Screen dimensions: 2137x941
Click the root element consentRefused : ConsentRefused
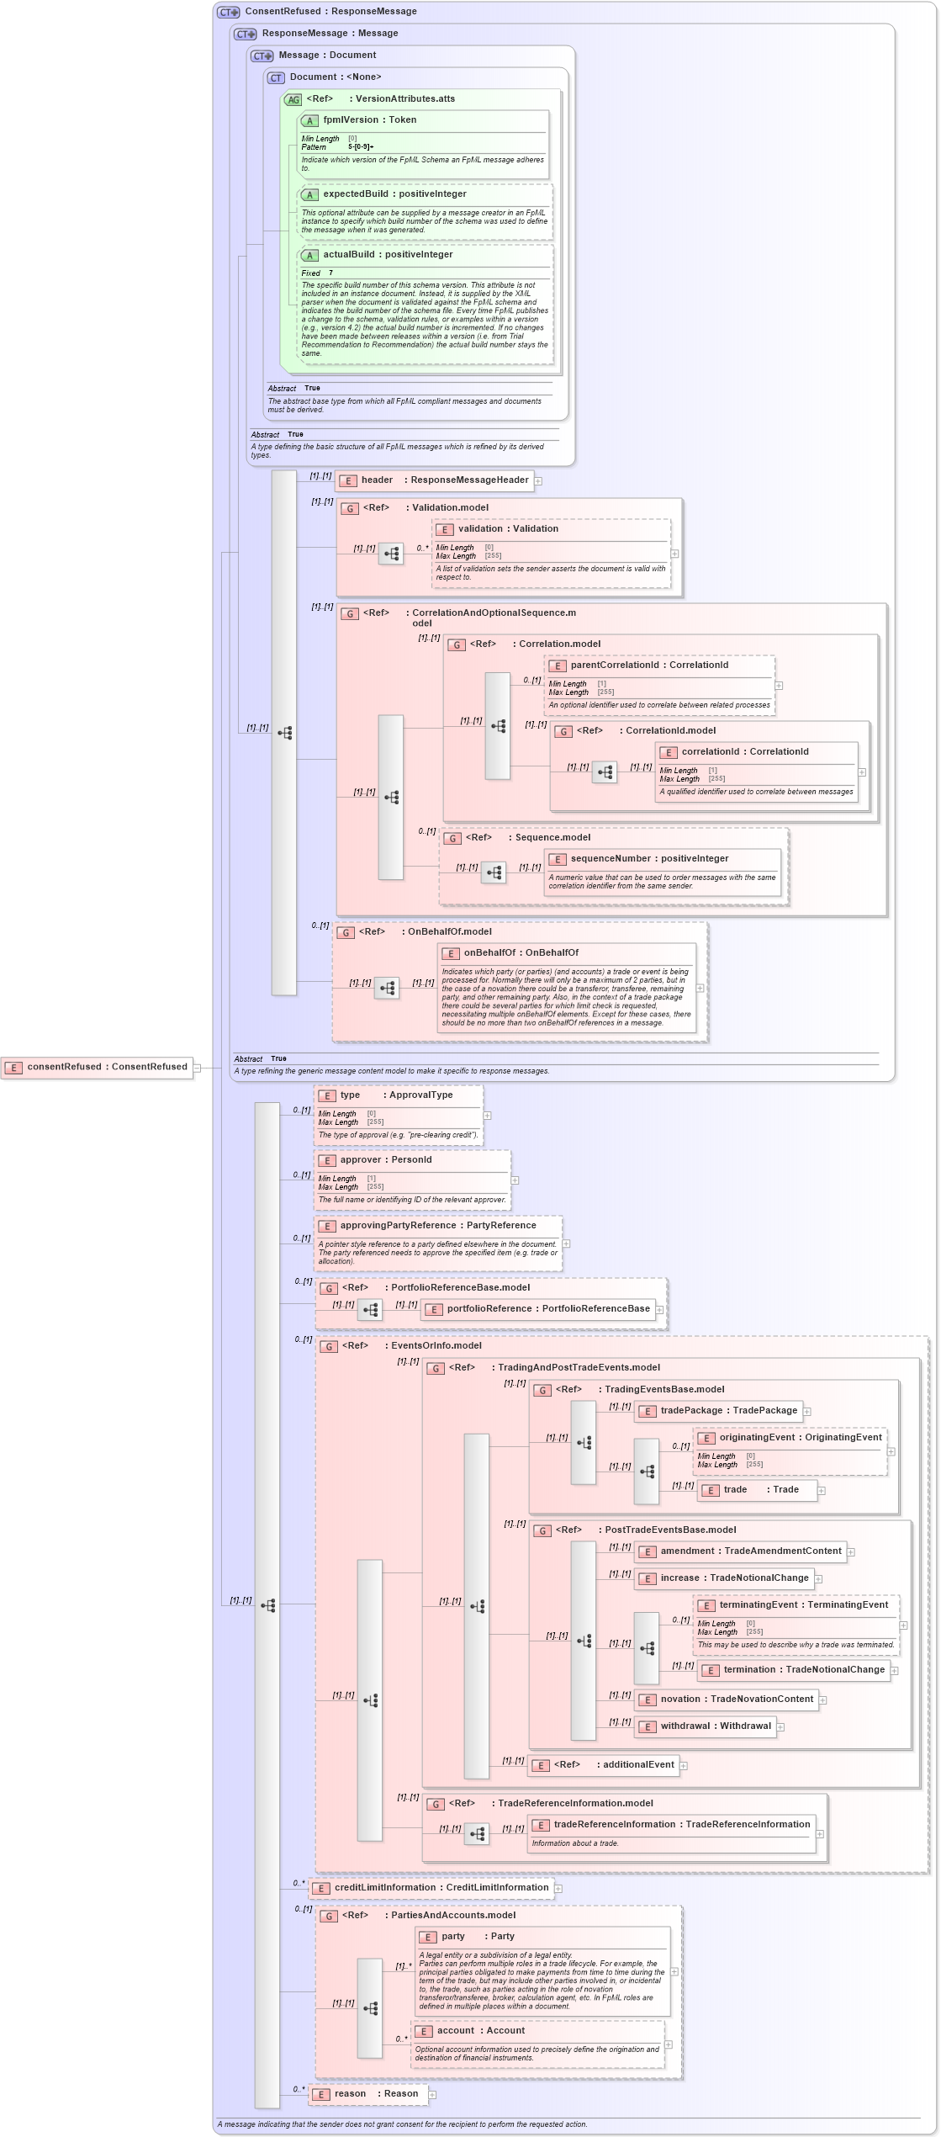coord(107,1067)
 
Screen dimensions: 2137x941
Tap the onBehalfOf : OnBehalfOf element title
coord(521,953)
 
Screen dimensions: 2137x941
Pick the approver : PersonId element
coord(385,1160)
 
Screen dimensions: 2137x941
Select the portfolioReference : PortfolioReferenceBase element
coord(547,1309)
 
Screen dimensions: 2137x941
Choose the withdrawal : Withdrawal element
coord(715,1726)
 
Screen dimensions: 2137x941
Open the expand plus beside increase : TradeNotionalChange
coord(818,1579)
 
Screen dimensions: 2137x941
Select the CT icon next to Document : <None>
coord(276,78)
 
